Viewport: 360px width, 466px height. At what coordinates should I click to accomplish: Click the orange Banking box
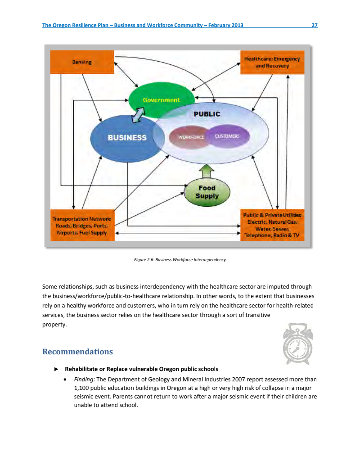tap(82, 62)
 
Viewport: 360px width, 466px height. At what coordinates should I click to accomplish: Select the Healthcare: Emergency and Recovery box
tap(272, 63)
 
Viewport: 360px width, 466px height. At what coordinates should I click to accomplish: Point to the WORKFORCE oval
tap(191, 136)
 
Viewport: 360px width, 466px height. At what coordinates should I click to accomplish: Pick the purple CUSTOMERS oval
tap(228, 136)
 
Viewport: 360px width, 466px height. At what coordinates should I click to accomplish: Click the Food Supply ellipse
tap(207, 192)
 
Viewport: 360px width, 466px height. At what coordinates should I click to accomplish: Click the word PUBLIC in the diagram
tap(207, 114)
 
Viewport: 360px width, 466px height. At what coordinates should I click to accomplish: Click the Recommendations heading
tap(77, 351)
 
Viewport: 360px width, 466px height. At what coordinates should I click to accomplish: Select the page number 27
tap(315, 25)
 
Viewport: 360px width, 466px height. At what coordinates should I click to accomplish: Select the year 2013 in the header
tap(237, 25)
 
